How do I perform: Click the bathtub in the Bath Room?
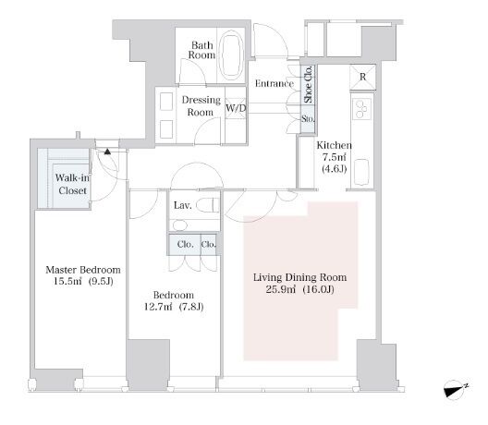(x=231, y=55)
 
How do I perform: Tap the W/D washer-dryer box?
(x=236, y=108)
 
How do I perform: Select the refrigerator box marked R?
(x=362, y=77)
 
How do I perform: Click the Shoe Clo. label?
(x=308, y=84)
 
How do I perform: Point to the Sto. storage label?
(x=308, y=119)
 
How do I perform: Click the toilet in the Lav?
(x=208, y=205)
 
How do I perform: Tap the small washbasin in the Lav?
(x=180, y=225)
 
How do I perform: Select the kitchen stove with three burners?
(x=362, y=109)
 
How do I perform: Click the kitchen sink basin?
(x=361, y=172)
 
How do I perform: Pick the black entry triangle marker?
(x=107, y=152)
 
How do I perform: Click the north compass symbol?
(x=455, y=389)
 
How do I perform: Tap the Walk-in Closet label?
(x=72, y=184)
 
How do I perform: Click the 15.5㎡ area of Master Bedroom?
(x=67, y=282)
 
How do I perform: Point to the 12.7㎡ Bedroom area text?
(x=158, y=307)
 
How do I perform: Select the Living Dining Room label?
(x=299, y=277)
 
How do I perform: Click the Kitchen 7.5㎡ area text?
(x=335, y=157)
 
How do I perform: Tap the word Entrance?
(x=274, y=83)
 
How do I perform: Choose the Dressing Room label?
(x=201, y=106)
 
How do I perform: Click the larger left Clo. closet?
(x=185, y=245)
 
